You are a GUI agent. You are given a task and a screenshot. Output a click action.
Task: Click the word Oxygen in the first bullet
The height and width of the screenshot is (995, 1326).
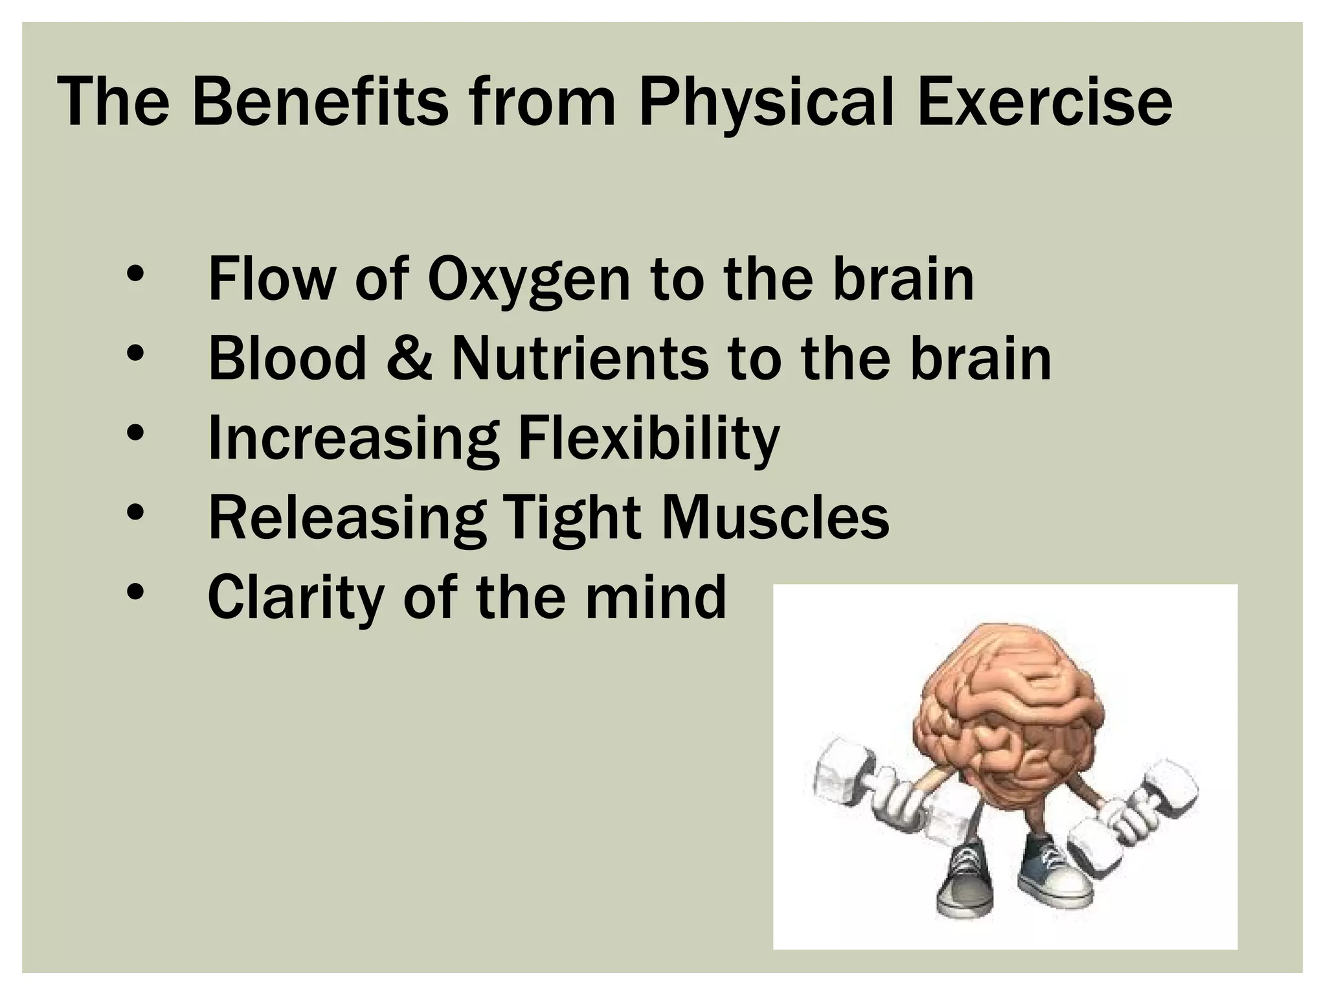point(528,281)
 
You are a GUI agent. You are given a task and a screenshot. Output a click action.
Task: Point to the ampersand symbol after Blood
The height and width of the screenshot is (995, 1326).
point(409,359)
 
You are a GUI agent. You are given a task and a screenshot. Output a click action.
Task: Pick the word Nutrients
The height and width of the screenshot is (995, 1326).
point(579,359)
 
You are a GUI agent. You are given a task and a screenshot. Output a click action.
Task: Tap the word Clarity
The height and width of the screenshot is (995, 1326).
point(295,598)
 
